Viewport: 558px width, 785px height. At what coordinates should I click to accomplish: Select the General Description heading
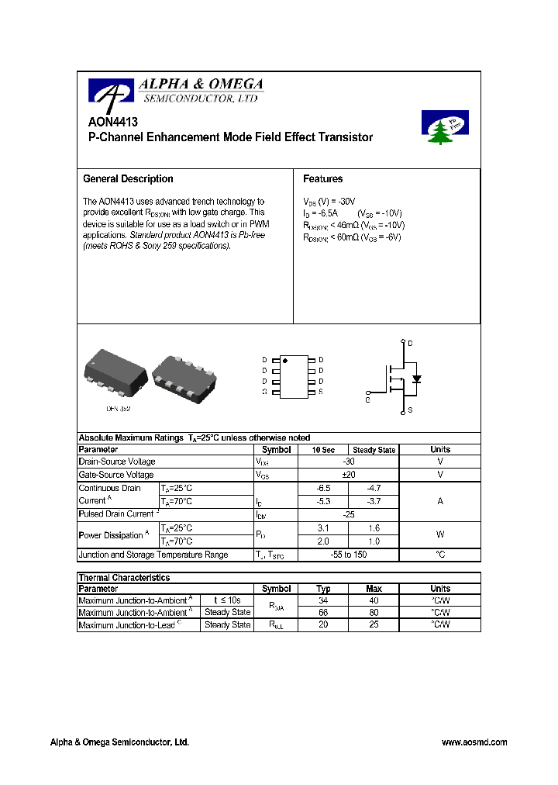[128, 179]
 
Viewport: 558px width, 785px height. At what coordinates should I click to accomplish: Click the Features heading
[322, 179]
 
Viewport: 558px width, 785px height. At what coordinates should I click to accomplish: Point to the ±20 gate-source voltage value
[348, 475]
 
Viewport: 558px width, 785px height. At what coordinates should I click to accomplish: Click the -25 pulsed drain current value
[348, 514]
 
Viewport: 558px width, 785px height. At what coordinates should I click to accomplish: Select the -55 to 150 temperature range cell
[348, 555]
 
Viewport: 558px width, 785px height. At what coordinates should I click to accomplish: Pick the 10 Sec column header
[323, 450]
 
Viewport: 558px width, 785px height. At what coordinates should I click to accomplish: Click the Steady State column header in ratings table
[374, 450]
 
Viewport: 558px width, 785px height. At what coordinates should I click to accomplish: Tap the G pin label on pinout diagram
[264, 392]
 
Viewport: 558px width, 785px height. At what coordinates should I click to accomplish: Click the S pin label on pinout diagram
[321, 392]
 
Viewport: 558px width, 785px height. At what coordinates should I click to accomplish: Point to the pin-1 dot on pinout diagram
[284, 361]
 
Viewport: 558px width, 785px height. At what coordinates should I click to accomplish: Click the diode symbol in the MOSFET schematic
[416, 379]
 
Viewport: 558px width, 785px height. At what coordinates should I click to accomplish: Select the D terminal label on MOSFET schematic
[410, 343]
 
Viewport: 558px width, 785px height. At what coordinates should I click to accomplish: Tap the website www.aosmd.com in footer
[474, 742]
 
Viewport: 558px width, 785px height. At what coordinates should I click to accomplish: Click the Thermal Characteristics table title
[124, 578]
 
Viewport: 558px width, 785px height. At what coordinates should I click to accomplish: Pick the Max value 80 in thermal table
[374, 613]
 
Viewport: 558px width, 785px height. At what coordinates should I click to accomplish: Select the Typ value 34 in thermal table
[323, 601]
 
